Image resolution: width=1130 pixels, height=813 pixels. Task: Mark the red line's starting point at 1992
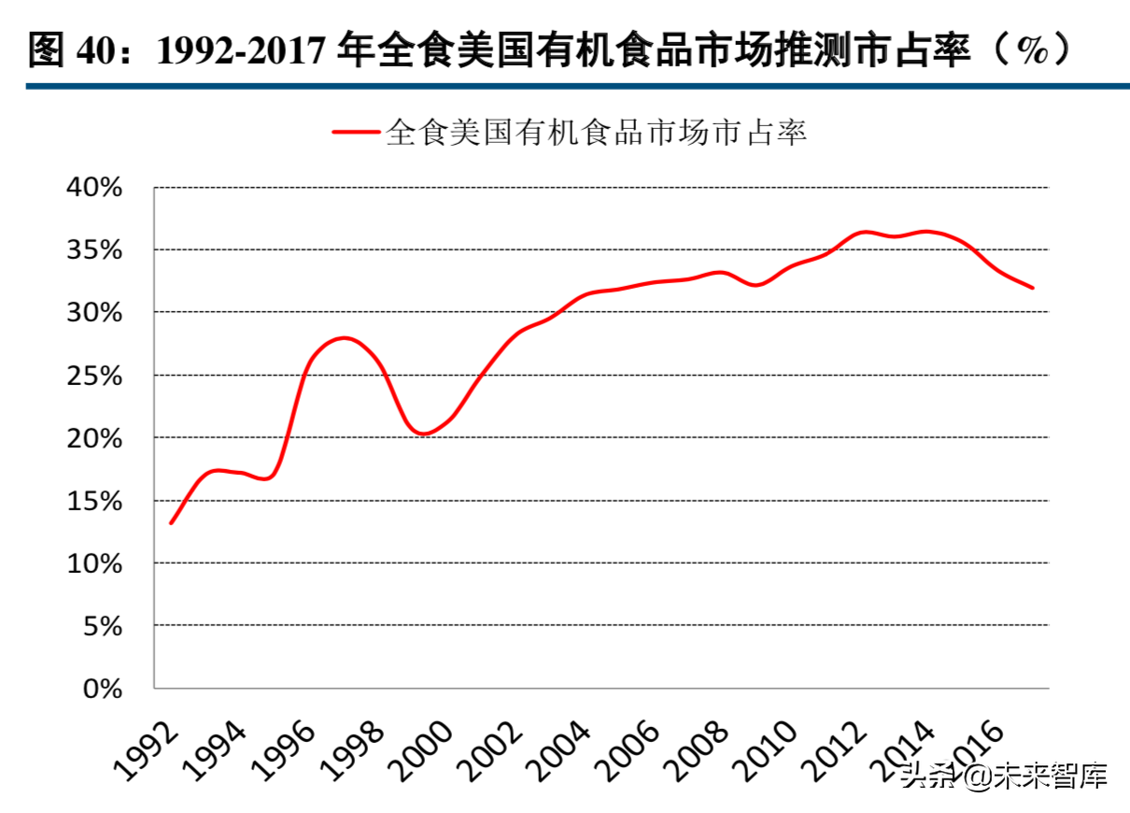[x=171, y=522]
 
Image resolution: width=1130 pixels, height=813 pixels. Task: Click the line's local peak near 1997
[x=345, y=337]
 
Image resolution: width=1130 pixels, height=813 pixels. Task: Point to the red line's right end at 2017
[x=1032, y=288]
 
